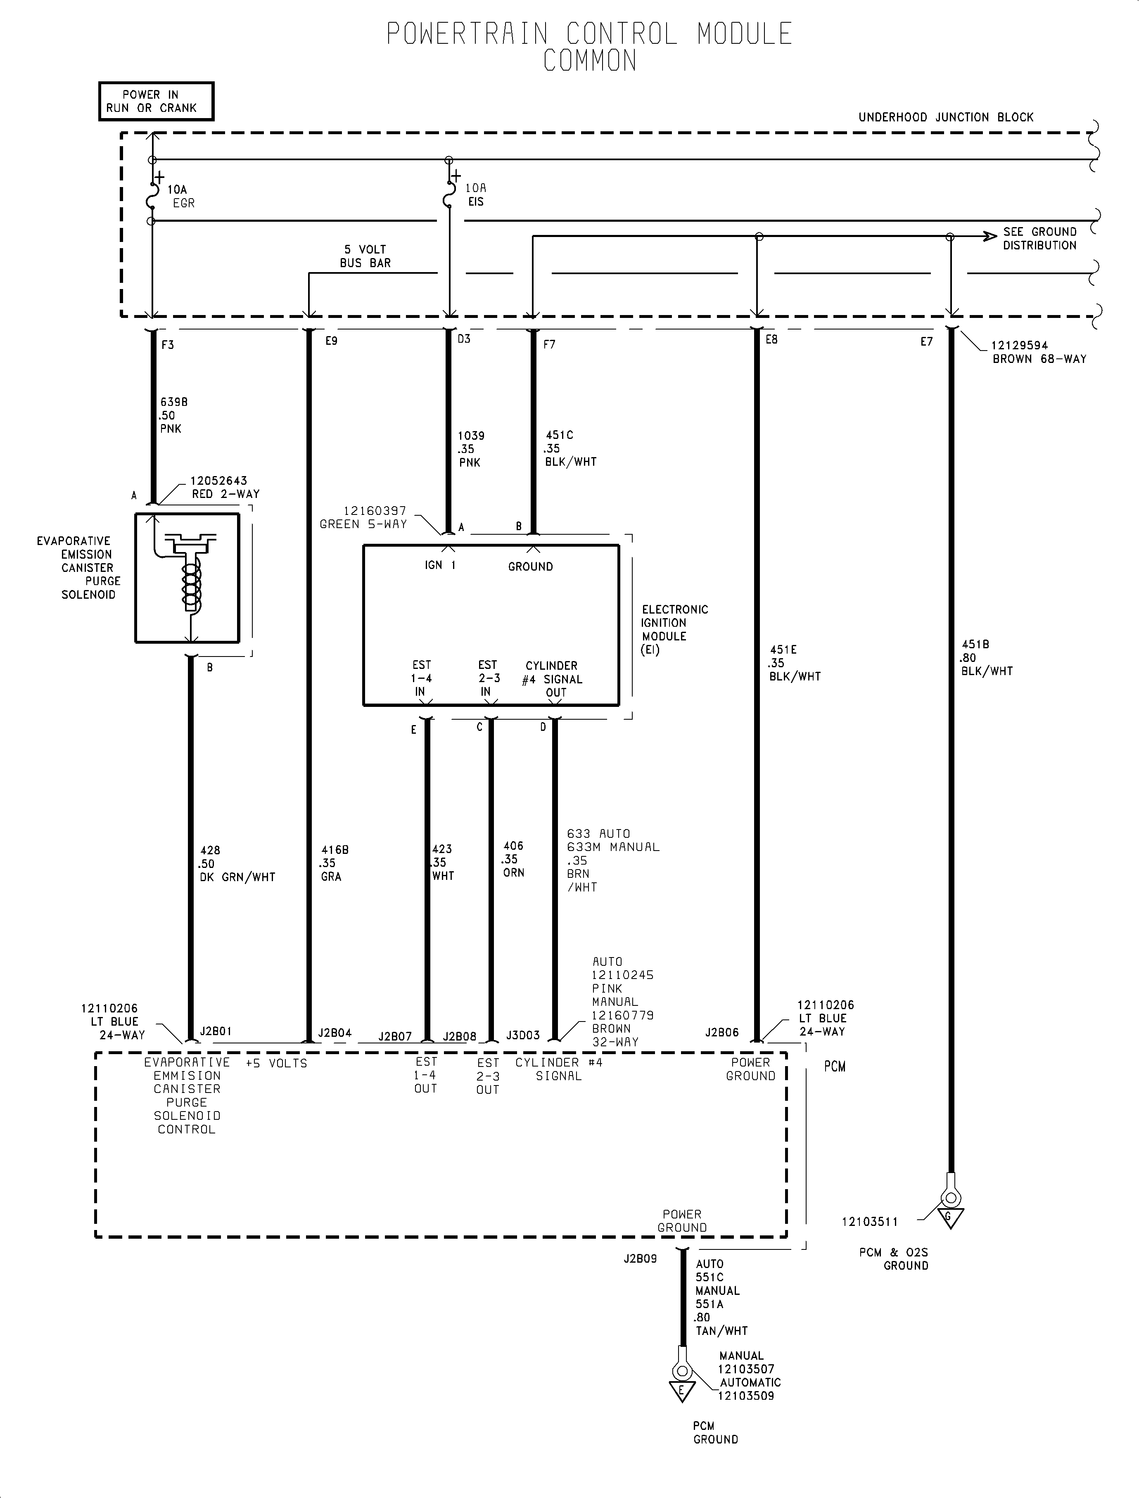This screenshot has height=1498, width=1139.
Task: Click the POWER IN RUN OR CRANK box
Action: pos(156,102)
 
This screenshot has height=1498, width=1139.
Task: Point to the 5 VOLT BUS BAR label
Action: pos(365,256)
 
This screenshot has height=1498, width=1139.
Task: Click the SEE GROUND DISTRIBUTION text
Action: pos(1039,239)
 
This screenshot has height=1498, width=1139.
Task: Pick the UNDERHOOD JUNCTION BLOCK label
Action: pos(946,117)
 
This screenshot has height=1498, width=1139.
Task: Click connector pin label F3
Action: pos(167,345)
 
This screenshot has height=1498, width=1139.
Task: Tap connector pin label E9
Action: pos(331,341)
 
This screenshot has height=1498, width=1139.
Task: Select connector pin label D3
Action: pos(464,339)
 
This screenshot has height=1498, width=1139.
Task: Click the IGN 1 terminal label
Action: pos(440,565)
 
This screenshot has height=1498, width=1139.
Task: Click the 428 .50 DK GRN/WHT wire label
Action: pos(237,863)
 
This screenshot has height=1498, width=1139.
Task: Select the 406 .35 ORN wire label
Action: pos(513,860)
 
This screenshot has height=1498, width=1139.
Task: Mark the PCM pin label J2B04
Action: pos(335,1033)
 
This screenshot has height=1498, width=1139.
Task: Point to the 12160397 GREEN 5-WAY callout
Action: pos(364,518)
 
